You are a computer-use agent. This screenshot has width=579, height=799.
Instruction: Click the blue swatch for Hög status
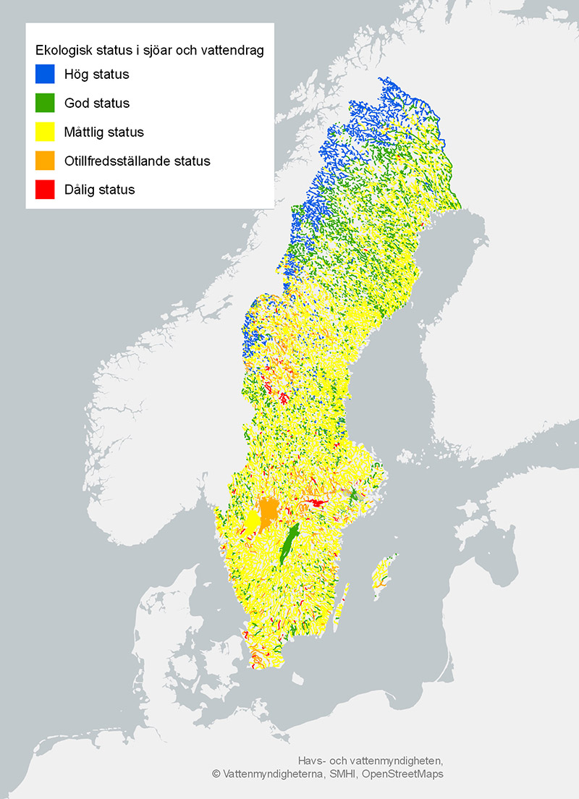click(45, 74)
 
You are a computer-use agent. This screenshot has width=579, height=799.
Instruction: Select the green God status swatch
click(45, 103)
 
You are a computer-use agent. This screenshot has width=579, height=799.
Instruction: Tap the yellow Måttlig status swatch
click(45, 132)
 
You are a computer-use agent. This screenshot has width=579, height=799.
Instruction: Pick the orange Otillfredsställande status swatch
click(45, 161)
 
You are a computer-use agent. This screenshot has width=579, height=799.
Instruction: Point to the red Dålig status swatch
click(45, 190)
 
